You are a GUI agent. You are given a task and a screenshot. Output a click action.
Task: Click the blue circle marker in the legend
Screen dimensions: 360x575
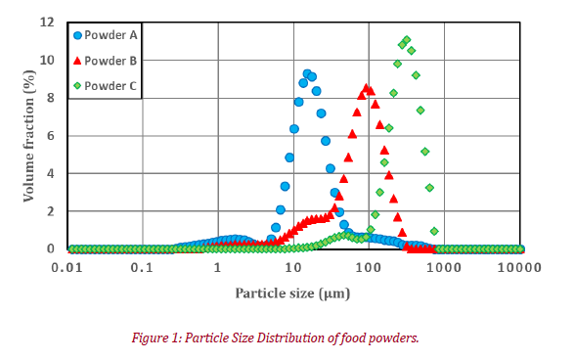(x=78, y=35)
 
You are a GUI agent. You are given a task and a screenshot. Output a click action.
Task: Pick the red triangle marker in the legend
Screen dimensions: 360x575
(x=78, y=61)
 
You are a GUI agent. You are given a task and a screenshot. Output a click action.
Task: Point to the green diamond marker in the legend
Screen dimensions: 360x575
(x=78, y=86)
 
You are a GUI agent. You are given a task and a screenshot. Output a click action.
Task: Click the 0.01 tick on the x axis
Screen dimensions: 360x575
(x=66, y=266)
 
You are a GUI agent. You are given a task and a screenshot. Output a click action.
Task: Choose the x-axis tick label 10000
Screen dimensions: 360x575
(x=519, y=266)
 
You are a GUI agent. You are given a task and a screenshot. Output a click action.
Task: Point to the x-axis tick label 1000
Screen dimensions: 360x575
(x=444, y=266)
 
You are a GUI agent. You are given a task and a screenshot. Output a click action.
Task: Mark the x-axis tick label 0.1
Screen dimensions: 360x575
(x=142, y=266)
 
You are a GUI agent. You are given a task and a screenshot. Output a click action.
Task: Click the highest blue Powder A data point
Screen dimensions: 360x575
(x=307, y=73)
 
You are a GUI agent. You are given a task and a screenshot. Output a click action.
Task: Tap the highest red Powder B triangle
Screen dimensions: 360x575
(x=366, y=88)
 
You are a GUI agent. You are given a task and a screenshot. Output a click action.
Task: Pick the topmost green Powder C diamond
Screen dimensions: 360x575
(x=406, y=40)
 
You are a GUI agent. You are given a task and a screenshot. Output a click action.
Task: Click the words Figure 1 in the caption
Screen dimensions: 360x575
(x=158, y=338)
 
